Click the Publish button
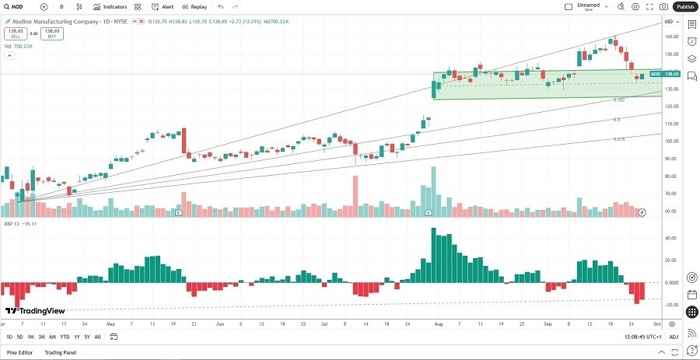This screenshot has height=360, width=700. click(685, 6)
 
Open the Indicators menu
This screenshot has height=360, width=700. click(111, 6)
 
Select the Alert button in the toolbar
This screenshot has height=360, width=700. click(163, 6)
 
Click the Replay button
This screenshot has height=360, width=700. click(195, 6)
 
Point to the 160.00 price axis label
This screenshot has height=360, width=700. click(670, 36)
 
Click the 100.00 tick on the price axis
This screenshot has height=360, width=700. click(670, 141)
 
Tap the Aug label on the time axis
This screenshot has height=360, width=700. click(438, 323)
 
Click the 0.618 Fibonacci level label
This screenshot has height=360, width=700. click(618, 139)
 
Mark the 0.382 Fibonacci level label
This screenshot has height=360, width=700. click(619, 100)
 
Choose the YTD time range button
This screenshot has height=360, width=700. click(65, 337)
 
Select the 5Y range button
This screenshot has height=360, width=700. click(86, 337)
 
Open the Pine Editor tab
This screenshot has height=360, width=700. click(20, 353)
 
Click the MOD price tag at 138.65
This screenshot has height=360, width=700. click(665, 74)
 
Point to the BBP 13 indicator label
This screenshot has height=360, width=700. click(11, 222)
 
